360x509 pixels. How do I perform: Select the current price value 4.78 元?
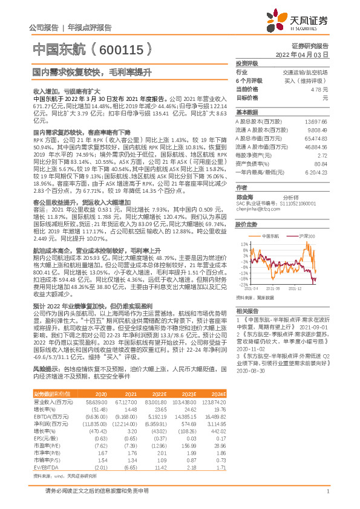[319, 89]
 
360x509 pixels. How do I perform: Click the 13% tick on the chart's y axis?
[244, 242]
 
